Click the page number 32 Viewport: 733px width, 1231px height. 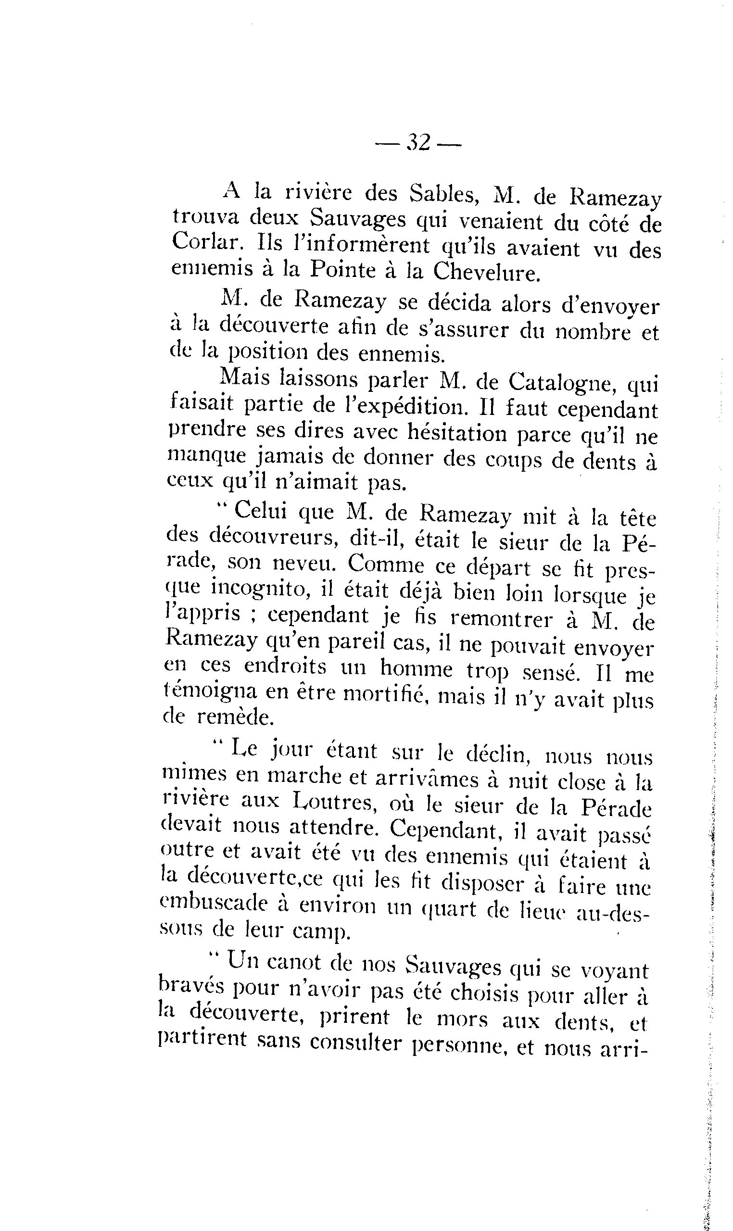pyautogui.click(x=418, y=144)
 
